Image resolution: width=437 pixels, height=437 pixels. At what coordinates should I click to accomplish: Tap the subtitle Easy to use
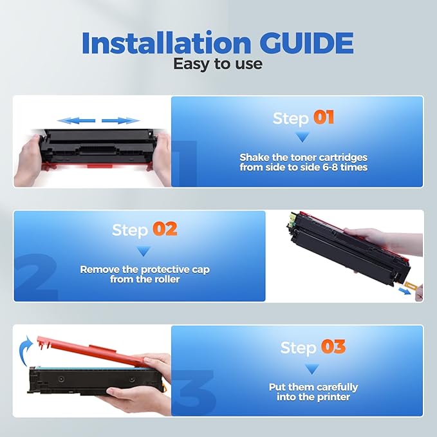pyautogui.click(x=218, y=63)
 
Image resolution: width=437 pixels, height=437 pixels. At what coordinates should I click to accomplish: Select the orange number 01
pyautogui.click(x=324, y=118)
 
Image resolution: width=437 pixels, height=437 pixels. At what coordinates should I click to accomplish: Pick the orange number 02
pyautogui.click(x=164, y=230)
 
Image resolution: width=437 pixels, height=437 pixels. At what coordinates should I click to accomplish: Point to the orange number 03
pyautogui.click(x=333, y=348)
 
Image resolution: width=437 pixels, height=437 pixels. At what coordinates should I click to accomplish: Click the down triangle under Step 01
pyautogui.click(x=302, y=136)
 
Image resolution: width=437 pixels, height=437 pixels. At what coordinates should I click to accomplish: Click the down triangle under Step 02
pyautogui.click(x=144, y=250)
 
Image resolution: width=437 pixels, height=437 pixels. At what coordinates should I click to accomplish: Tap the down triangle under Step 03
pyautogui.click(x=312, y=369)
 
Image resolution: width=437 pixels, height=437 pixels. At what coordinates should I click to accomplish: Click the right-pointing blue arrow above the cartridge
pyautogui.click(x=121, y=120)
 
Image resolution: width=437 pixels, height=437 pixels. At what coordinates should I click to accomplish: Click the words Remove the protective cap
pyautogui.click(x=145, y=270)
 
